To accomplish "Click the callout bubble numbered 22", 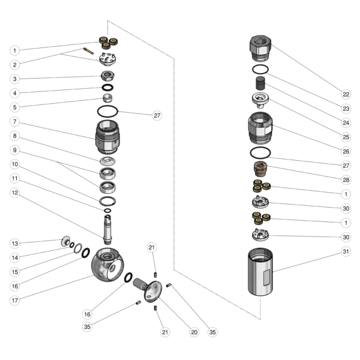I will [346, 94].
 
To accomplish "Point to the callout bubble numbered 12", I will [15, 193].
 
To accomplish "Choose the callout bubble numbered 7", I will [15, 122].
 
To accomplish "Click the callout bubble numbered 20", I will [193, 332].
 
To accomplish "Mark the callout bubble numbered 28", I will [346, 179].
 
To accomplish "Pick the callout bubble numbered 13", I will [15, 243].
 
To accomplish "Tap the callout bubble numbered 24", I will [346, 122].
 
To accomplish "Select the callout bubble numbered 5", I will [15, 107].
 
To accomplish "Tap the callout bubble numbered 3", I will [15, 79].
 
